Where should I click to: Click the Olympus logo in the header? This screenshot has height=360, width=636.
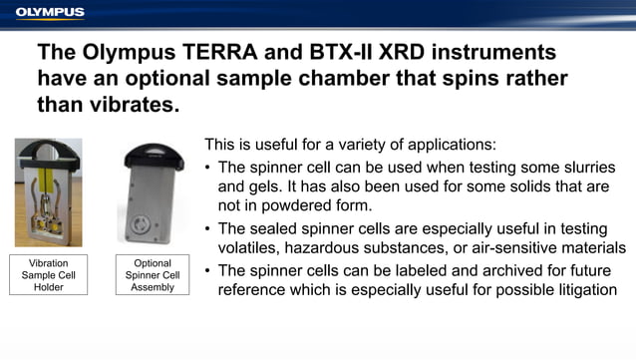click(x=50, y=12)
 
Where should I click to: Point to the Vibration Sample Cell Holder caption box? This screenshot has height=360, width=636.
click(x=43, y=274)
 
